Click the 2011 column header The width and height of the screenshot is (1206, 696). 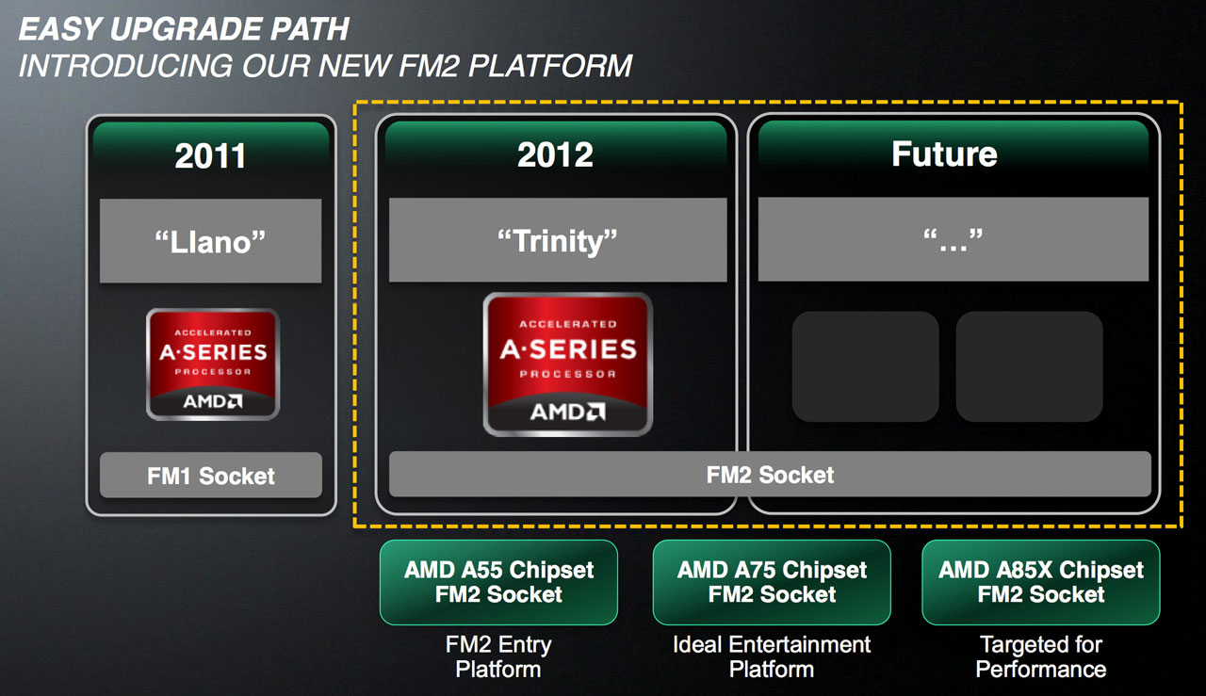(x=210, y=155)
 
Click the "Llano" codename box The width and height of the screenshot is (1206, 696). (x=210, y=240)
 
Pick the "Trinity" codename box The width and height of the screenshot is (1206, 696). (x=558, y=239)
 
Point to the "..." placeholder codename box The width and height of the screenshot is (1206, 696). (x=953, y=239)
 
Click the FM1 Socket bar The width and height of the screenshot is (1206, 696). (x=211, y=476)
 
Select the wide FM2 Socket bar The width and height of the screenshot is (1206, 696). (x=770, y=475)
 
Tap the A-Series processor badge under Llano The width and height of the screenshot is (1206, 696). (x=213, y=364)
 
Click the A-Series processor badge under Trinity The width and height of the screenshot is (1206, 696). (x=568, y=364)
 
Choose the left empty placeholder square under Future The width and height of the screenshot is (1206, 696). (x=865, y=366)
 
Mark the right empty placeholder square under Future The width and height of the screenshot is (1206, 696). (x=1030, y=366)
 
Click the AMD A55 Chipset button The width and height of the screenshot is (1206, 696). (x=498, y=582)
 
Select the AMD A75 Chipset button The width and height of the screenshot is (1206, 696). (x=772, y=582)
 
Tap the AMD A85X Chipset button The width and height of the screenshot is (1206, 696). (x=1041, y=582)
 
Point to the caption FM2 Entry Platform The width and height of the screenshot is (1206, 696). (x=498, y=656)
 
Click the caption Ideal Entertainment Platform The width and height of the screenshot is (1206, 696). (x=772, y=656)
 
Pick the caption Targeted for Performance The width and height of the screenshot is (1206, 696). (x=1041, y=656)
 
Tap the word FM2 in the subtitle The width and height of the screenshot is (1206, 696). (x=429, y=66)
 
